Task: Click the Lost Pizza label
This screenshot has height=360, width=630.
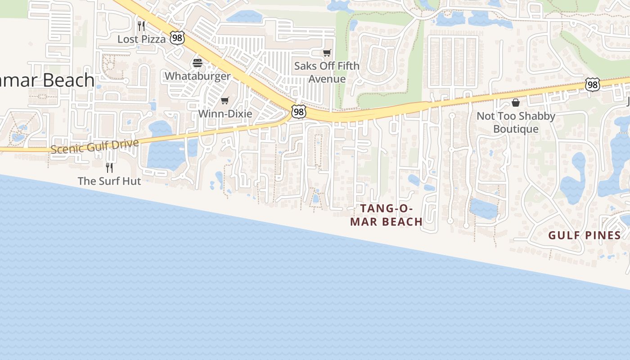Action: click(x=141, y=39)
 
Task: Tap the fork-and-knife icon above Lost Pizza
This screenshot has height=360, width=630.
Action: click(x=141, y=26)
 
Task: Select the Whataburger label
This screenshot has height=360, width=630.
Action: click(x=198, y=76)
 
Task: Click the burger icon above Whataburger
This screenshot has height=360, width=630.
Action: click(x=198, y=63)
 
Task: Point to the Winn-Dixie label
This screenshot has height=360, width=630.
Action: click(x=225, y=113)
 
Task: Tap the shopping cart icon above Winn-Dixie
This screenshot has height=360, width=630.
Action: click(x=225, y=100)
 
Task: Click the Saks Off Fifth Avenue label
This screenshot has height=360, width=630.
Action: click(x=327, y=72)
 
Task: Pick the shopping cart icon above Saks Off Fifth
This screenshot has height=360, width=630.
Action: click(x=327, y=53)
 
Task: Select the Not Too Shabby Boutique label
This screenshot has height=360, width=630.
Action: click(x=516, y=122)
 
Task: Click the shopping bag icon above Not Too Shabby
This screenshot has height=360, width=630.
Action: click(x=516, y=103)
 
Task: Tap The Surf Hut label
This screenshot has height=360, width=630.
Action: click(x=109, y=181)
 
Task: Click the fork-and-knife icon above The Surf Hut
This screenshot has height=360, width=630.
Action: click(x=109, y=168)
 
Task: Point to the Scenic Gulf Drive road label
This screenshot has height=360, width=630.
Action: click(x=94, y=146)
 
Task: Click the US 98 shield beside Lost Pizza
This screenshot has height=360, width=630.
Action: click(x=177, y=38)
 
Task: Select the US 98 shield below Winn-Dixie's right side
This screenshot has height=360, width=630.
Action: click(x=298, y=112)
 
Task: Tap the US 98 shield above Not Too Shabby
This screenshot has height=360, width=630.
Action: click(x=593, y=84)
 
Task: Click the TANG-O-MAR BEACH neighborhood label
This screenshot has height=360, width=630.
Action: click(x=387, y=215)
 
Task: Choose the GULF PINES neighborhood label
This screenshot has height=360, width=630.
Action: click(x=584, y=235)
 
